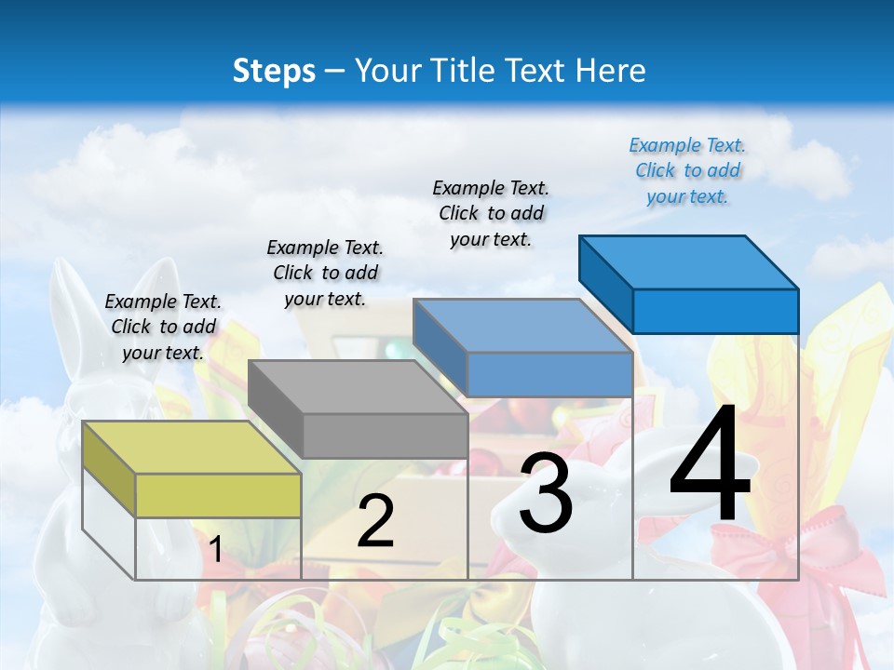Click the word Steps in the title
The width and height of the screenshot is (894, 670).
274,71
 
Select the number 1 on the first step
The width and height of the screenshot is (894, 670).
215,550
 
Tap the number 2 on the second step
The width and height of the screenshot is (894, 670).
375,521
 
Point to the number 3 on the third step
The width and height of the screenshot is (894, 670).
545,493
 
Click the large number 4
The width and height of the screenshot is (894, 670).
710,465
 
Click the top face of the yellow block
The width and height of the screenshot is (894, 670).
191,447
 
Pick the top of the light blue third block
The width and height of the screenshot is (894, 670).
521,326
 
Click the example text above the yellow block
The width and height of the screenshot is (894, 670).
163,327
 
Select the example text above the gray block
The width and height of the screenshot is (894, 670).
325,273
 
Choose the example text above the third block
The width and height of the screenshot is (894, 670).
491,213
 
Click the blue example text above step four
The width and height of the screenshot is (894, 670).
687,170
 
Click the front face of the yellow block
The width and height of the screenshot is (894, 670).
218,495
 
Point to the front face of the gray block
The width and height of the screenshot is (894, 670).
385,435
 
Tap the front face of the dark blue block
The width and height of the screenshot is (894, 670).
715,311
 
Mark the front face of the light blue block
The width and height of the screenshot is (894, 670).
549,374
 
